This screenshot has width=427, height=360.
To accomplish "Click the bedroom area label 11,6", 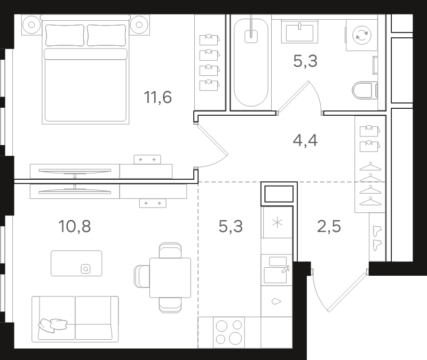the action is click(157, 98).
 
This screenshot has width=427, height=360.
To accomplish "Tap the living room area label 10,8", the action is click(75, 226).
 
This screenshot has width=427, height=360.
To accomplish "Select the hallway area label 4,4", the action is click(305, 141).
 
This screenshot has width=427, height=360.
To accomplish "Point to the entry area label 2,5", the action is click(329, 226).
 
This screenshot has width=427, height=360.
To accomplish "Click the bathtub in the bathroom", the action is click(251, 62).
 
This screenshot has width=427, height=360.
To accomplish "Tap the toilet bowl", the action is click(365, 90).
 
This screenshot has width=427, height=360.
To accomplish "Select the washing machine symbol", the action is click(362, 35).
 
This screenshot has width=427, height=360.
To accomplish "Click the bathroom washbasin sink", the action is click(299, 31).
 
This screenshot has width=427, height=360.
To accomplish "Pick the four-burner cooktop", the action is click(229, 332).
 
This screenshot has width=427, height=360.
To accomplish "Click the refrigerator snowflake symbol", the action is click(277, 223).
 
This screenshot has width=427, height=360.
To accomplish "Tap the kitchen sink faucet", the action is click(286, 269).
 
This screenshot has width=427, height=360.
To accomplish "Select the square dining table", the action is click(170, 277).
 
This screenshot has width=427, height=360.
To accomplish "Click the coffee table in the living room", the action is click(76, 263).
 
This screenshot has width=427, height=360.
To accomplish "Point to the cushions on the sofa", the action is click(53, 325).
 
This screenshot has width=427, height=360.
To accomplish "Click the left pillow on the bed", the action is click(65, 35).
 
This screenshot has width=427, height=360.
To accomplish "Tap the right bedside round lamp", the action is click(139, 25).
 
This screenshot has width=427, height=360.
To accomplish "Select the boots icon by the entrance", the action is click(377, 238).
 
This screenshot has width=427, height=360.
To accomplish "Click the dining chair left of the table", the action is click(141, 276).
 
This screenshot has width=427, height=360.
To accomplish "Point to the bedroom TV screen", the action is click(75, 171).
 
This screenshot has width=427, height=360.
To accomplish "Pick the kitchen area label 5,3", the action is click(231, 226).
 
